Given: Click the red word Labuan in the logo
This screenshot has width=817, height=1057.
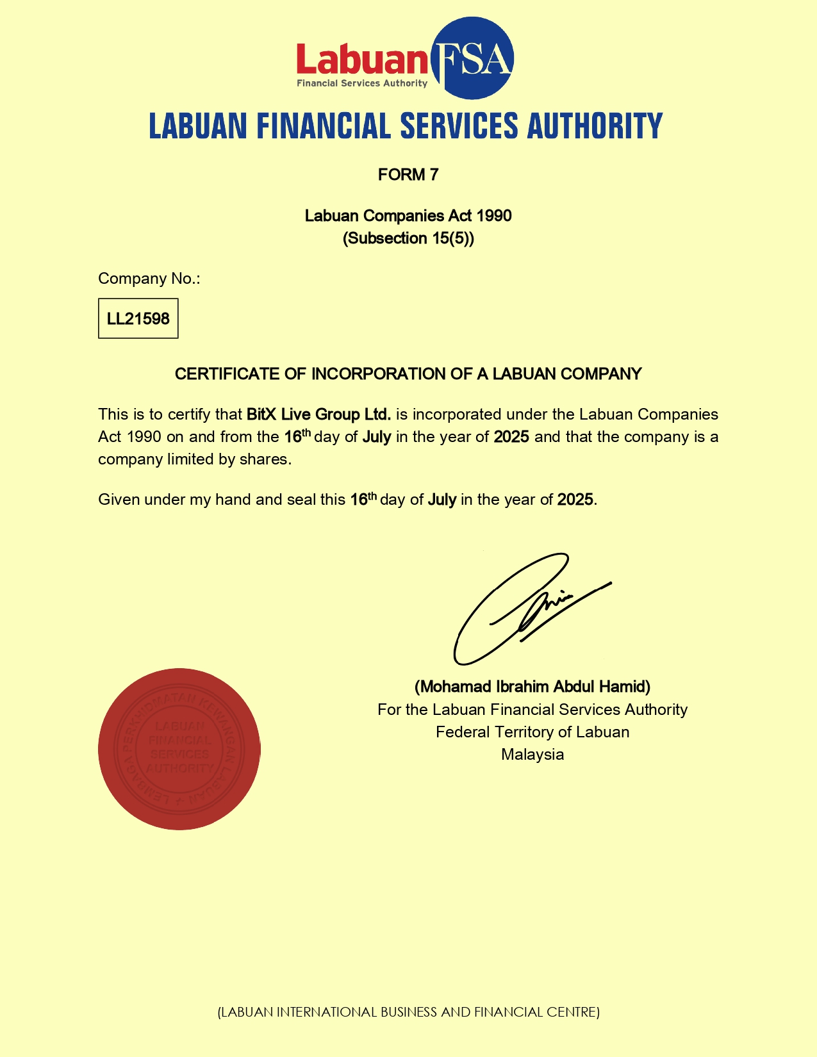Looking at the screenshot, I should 361,60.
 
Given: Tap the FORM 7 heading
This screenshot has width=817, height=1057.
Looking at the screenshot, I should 408,175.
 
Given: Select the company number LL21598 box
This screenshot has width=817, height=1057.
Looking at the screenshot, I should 138,318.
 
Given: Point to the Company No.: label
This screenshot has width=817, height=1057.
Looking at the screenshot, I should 149,279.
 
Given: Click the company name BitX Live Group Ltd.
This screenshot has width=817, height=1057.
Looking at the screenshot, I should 318,414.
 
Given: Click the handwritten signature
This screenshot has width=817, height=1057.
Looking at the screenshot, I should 525,609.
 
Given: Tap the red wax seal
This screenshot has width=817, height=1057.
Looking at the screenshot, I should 179,749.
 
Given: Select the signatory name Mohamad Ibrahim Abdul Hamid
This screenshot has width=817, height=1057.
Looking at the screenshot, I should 532,687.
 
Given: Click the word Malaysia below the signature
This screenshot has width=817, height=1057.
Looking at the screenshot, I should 532,755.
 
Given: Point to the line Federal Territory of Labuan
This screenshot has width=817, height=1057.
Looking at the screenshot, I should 532,732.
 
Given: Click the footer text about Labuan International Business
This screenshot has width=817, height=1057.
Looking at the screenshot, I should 409,1012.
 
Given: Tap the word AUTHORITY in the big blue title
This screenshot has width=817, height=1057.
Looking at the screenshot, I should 595,126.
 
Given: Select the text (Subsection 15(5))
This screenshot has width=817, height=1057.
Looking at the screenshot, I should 408,238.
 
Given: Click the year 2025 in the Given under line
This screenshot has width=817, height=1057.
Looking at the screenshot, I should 575,500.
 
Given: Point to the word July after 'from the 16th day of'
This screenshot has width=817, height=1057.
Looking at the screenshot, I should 377,438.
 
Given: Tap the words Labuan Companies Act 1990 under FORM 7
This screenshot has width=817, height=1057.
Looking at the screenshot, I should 408,216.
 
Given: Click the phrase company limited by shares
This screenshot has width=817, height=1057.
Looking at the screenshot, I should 194,459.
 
